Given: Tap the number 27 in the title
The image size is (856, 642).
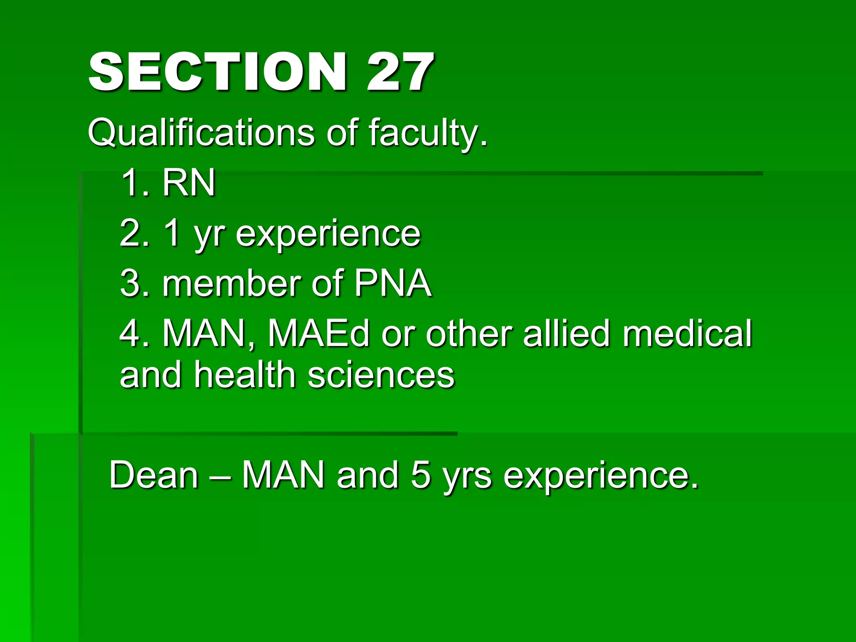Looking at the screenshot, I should click(x=400, y=72).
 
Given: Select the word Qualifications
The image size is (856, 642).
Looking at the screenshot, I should click(x=201, y=133).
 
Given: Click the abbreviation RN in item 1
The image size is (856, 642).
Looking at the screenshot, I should click(x=189, y=183).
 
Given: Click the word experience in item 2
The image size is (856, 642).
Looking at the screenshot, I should click(x=328, y=234).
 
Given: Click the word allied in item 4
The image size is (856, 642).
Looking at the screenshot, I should click(x=566, y=334).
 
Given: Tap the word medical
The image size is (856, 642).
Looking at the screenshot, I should click(x=688, y=334).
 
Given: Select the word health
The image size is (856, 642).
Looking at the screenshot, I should click(x=245, y=375).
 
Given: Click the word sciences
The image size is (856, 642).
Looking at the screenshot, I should click(x=381, y=375).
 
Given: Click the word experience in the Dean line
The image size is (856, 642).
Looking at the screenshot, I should click(x=600, y=476).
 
